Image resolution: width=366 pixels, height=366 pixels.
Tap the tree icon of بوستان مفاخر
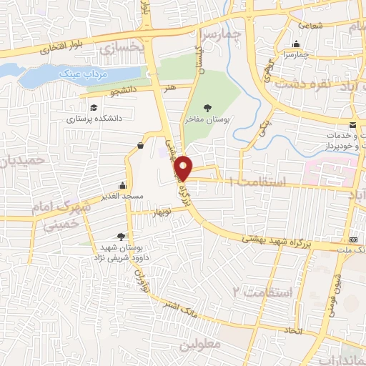(207, 108)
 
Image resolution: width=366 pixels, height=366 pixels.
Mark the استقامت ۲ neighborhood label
(264, 292)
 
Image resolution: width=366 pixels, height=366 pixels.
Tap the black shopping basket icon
(139, 146)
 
